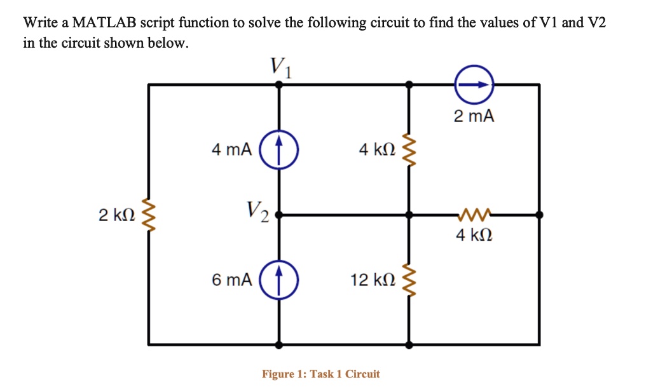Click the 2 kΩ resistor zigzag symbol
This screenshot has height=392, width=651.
coord(149,215)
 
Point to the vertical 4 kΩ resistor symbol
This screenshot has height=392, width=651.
coord(409,151)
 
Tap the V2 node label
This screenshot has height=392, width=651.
coord(257,209)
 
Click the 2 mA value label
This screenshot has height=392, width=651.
coord(474,116)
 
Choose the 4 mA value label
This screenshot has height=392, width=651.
coord(231,151)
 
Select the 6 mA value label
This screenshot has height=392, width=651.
coord(231,280)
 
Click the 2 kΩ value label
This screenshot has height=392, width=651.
coord(117,215)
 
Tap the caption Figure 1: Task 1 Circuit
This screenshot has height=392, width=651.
coord(320,374)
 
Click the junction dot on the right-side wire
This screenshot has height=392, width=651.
coord(539,215)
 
